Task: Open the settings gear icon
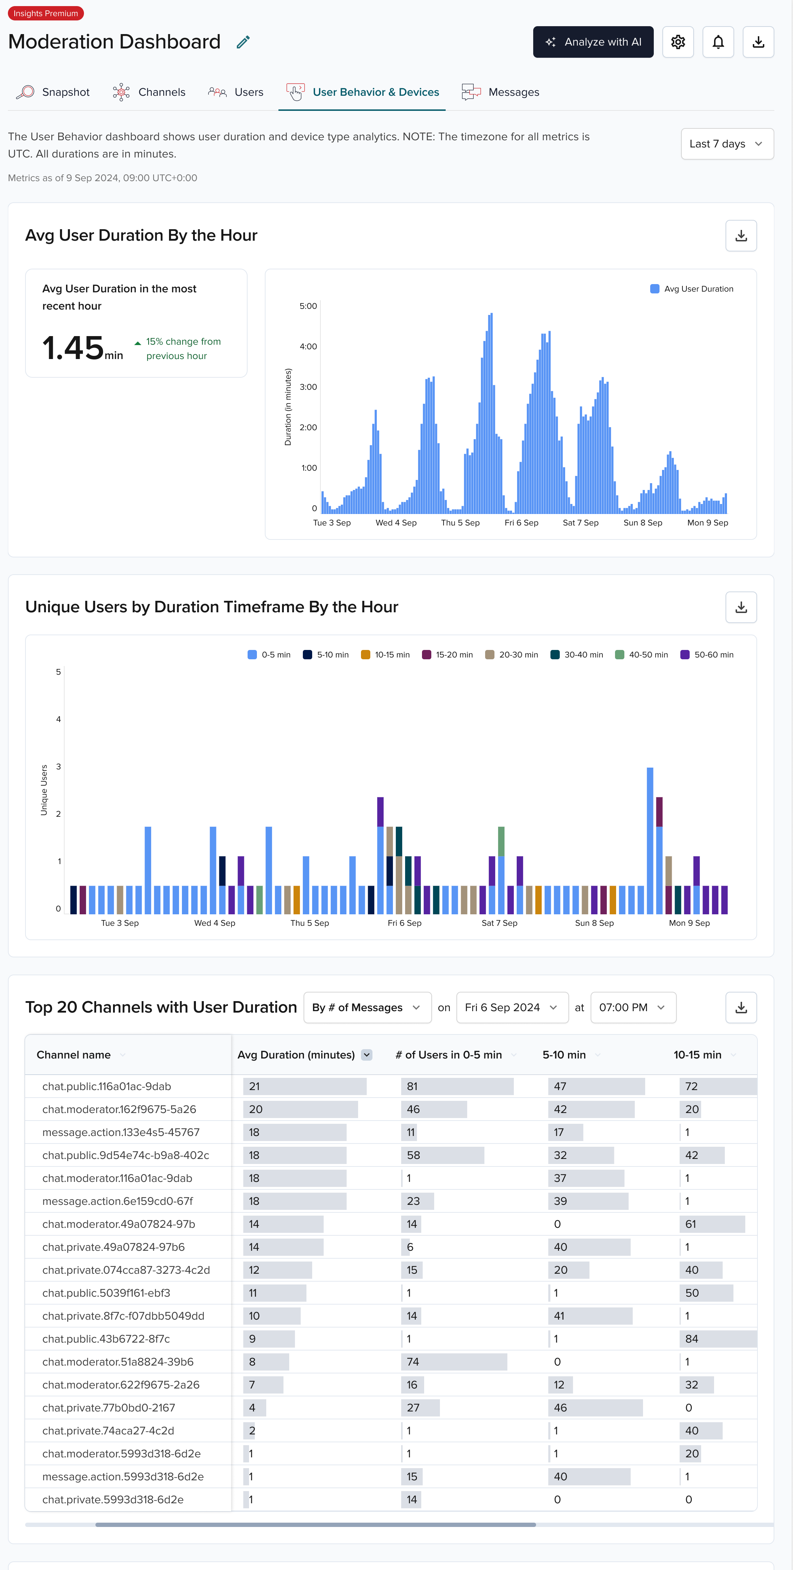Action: click(x=678, y=42)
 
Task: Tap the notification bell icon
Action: click(x=718, y=42)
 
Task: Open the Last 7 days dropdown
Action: click(x=727, y=144)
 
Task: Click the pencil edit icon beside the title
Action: click(x=243, y=42)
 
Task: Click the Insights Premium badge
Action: click(x=46, y=13)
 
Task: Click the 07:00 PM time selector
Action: click(x=632, y=1008)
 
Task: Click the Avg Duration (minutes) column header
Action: click(x=296, y=1055)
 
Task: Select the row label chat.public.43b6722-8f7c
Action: click(x=106, y=1339)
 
